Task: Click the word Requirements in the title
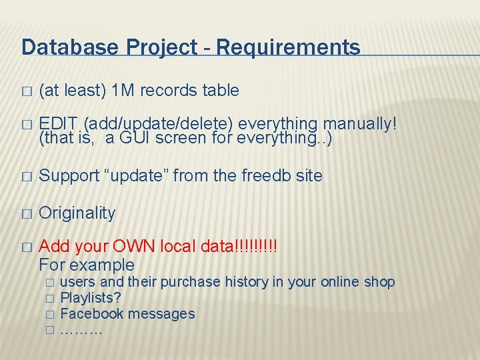(289, 47)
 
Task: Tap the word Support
(69, 176)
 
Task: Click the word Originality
(77, 213)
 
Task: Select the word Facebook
(92, 313)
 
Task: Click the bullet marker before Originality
(26, 214)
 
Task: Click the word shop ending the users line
(379, 282)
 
